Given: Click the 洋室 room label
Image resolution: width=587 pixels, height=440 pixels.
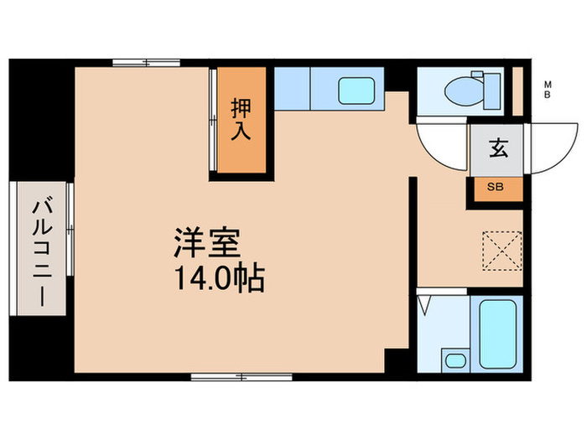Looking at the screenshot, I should pyautogui.click(x=207, y=243).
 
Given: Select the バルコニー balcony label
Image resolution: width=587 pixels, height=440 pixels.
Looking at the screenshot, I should pyautogui.click(x=40, y=249).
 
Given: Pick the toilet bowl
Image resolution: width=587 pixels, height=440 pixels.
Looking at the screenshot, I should pyautogui.click(x=460, y=86).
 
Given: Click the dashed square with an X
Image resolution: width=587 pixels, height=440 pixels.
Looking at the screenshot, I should pyautogui.click(x=501, y=249).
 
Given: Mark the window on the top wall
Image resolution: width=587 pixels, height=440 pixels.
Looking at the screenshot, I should pyautogui.click(x=147, y=61).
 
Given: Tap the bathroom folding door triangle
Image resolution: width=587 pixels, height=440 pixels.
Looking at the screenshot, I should pyautogui.click(x=426, y=303).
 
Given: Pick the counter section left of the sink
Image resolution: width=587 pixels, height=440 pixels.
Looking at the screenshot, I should pyautogui.click(x=293, y=87).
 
